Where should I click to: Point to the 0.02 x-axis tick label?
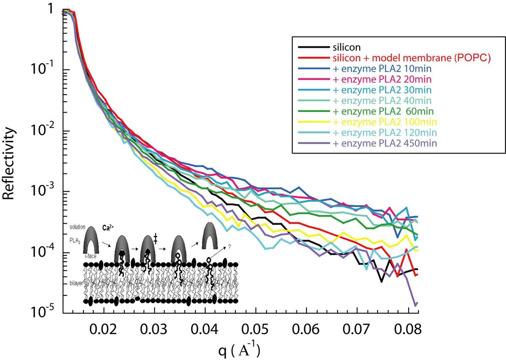(x=104, y=328)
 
